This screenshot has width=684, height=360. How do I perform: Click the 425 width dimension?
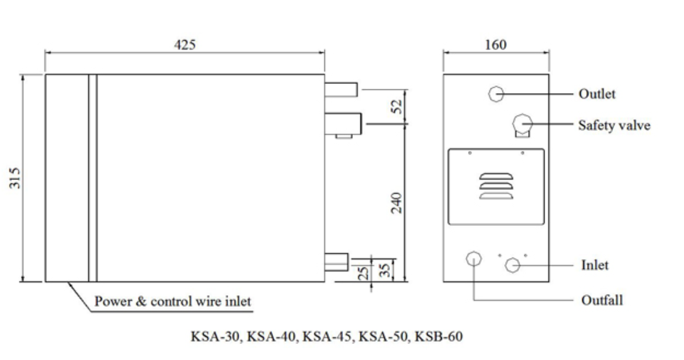pyautogui.click(x=185, y=45)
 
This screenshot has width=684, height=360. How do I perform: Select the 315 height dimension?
pyautogui.click(x=15, y=178)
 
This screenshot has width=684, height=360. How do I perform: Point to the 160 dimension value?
pyautogui.click(x=496, y=45)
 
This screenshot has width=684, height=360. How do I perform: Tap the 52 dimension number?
pyautogui.click(x=397, y=107)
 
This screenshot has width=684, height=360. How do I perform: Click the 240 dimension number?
pyautogui.click(x=397, y=202)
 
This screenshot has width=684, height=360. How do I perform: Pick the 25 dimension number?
pyautogui.click(x=363, y=273)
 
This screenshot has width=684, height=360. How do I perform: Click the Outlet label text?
pyautogui.click(x=596, y=94)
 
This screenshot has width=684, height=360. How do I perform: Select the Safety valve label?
pyautogui.click(x=614, y=126)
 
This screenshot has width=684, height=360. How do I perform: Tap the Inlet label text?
pyautogui.click(x=594, y=265)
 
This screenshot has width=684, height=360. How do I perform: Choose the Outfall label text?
pyautogui.click(x=602, y=300)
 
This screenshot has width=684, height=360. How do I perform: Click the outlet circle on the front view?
pyautogui.click(x=496, y=94)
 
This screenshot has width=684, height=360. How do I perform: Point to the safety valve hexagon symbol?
pyautogui.click(x=522, y=124)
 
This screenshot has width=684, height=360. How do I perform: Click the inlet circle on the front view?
pyautogui.click(x=512, y=265)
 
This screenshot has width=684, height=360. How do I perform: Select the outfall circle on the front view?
pyautogui.click(x=474, y=259)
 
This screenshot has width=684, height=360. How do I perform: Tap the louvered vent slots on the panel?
pyautogui.click(x=496, y=186)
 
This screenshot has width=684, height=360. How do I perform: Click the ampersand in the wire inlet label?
pyautogui.click(x=141, y=301)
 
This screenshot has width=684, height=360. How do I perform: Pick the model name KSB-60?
pyautogui.click(x=439, y=336)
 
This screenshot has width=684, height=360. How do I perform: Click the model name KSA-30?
pyautogui.click(x=215, y=336)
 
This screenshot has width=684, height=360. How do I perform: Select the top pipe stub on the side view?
pyautogui.click(x=341, y=89)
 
